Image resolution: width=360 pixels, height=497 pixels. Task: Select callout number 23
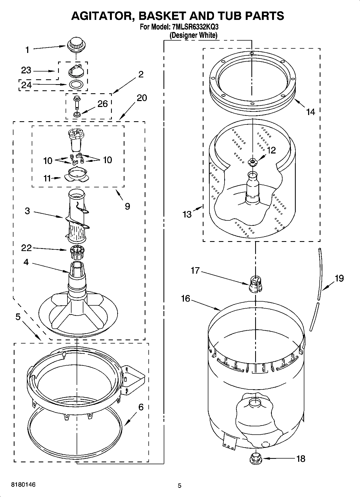(x=26, y=70)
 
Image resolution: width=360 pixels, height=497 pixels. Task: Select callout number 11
(x=47, y=178)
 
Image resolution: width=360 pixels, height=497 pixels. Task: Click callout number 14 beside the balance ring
(x=311, y=112)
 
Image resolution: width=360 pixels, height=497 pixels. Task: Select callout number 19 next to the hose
(x=339, y=278)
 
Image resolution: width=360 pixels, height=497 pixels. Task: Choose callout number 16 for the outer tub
(x=186, y=298)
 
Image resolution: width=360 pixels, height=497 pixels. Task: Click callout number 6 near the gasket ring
(x=141, y=407)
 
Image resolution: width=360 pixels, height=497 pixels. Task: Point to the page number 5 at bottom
(x=180, y=485)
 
